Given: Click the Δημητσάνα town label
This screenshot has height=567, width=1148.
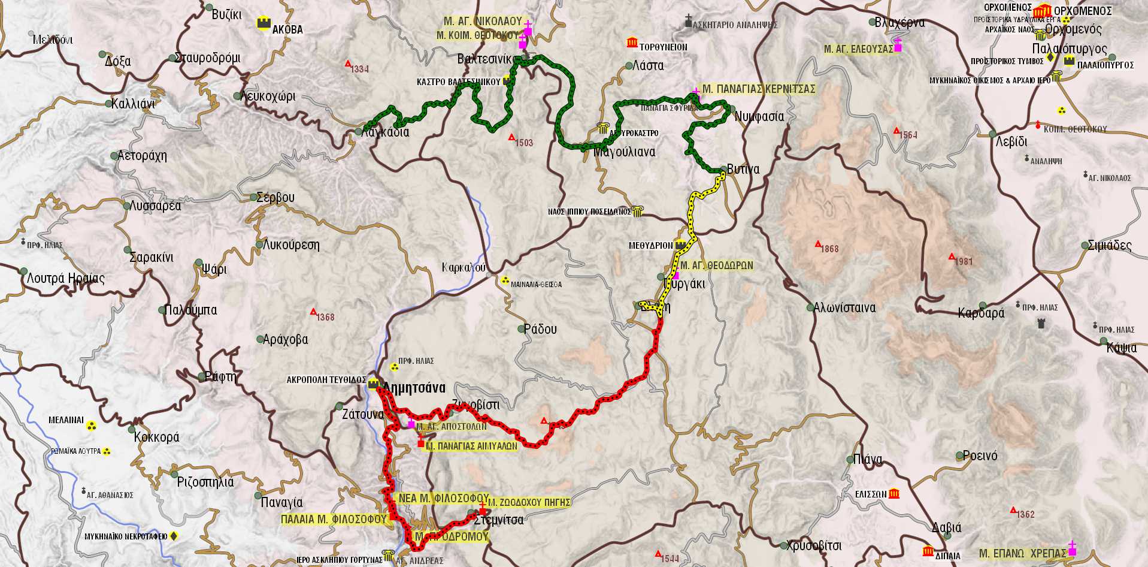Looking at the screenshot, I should pos(414,388).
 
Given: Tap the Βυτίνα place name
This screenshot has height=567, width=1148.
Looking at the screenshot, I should pos(743,169).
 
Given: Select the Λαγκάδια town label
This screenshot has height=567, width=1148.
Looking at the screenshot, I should pos(386,132).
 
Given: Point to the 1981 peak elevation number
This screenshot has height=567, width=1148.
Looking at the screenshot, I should pos(964,261).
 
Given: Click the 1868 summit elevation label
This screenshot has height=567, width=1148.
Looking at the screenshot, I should pos(829,249).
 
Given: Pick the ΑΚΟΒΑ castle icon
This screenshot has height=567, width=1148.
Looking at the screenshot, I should pos(263,23).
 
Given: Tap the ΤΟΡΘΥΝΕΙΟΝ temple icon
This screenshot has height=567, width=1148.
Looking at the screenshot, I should pos(632,42).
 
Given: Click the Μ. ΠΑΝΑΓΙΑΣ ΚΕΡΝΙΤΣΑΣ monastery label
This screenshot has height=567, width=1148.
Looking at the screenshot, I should pos(759,89).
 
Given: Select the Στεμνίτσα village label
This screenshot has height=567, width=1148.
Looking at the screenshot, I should pos(498,520).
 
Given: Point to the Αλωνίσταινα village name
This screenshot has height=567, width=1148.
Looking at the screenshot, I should pos(844,308).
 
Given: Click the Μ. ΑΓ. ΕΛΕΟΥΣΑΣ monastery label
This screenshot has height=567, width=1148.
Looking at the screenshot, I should pos(858,49).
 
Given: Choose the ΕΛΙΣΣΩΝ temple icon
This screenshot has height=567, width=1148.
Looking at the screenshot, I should pos(894,493).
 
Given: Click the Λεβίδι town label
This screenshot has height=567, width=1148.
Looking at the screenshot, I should pos(1011,142).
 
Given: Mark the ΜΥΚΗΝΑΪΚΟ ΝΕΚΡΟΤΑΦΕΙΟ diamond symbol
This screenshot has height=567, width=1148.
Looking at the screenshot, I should pos(174,536).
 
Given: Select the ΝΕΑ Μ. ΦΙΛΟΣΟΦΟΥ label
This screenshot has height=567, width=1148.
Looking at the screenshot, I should pos(443,498).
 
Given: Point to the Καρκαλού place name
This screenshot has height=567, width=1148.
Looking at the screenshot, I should pos(464,268).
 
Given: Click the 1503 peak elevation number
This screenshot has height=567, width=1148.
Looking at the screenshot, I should pos(524,143).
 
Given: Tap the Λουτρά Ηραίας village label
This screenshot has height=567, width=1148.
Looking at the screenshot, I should pos(66,279).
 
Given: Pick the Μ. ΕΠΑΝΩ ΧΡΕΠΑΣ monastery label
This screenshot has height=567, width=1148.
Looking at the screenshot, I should pos(1023,553).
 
